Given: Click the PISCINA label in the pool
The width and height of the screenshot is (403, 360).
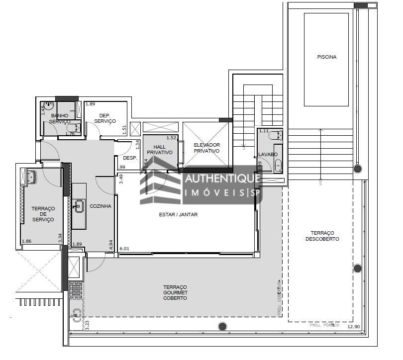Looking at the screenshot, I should click(x=326, y=57).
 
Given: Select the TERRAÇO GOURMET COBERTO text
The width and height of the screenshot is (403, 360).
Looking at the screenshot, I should click(x=175, y=292).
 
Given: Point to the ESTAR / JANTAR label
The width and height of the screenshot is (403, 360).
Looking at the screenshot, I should click(x=178, y=215).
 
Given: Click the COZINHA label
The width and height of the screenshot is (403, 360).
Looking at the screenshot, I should click(x=100, y=206).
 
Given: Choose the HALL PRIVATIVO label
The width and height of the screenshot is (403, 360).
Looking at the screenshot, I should click(x=160, y=150).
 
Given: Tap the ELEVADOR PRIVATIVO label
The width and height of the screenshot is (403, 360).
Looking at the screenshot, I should click(x=206, y=148).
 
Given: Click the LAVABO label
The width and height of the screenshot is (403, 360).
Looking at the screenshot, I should click(x=267, y=155).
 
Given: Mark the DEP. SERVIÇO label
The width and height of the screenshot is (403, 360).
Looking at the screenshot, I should click(x=104, y=118).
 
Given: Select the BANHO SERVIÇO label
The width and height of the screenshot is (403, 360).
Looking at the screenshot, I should click(x=60, y=118).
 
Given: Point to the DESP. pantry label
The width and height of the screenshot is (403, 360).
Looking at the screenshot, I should click(x=130, y=158).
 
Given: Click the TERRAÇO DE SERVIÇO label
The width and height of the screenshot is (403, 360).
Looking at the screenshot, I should click(x=42, y=214).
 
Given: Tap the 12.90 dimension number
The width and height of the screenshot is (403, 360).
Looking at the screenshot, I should click(x=353, y=326).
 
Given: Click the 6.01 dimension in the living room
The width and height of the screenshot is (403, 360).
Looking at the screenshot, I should click(x=124, y=249).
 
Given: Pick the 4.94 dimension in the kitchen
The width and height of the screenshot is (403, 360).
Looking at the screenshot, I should click(x=111, y=245).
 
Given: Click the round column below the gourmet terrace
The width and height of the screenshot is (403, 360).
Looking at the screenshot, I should click(x=222, y=326).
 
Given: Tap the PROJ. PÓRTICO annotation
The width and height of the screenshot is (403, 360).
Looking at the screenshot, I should click(x=324, y=325).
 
